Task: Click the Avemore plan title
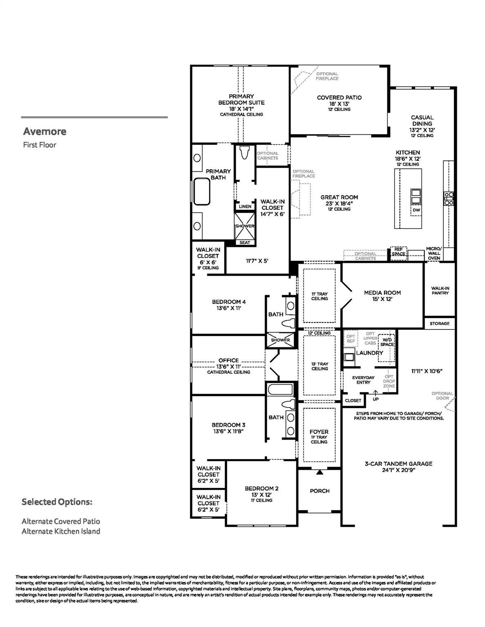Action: coord(45,131)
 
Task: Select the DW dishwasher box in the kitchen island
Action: coord(416,210)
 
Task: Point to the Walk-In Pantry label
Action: coord(440,291)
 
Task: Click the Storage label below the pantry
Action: coord(439,323)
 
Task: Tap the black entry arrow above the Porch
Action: coord(320,472)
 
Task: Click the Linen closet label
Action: coord(245,207)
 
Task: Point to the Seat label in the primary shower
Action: coord(245,242)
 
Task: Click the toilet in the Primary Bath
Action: coord(245,153)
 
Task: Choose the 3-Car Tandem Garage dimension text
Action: coord(398,470)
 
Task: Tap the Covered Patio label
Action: coord(339,98)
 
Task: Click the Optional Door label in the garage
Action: coord(442,396)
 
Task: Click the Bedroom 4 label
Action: coord(229,302)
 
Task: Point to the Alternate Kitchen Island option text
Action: coord(61,531)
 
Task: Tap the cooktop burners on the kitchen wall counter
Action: coord(448,198)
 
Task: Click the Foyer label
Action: coord(319,431)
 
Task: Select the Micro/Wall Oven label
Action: coord(434,253)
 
